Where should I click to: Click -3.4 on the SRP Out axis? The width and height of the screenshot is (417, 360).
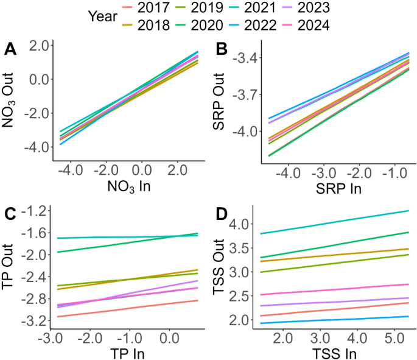pos(248,58)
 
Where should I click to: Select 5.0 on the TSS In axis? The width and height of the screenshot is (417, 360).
pos(385,336)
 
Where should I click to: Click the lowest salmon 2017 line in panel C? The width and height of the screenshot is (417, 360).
pos(122,308)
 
